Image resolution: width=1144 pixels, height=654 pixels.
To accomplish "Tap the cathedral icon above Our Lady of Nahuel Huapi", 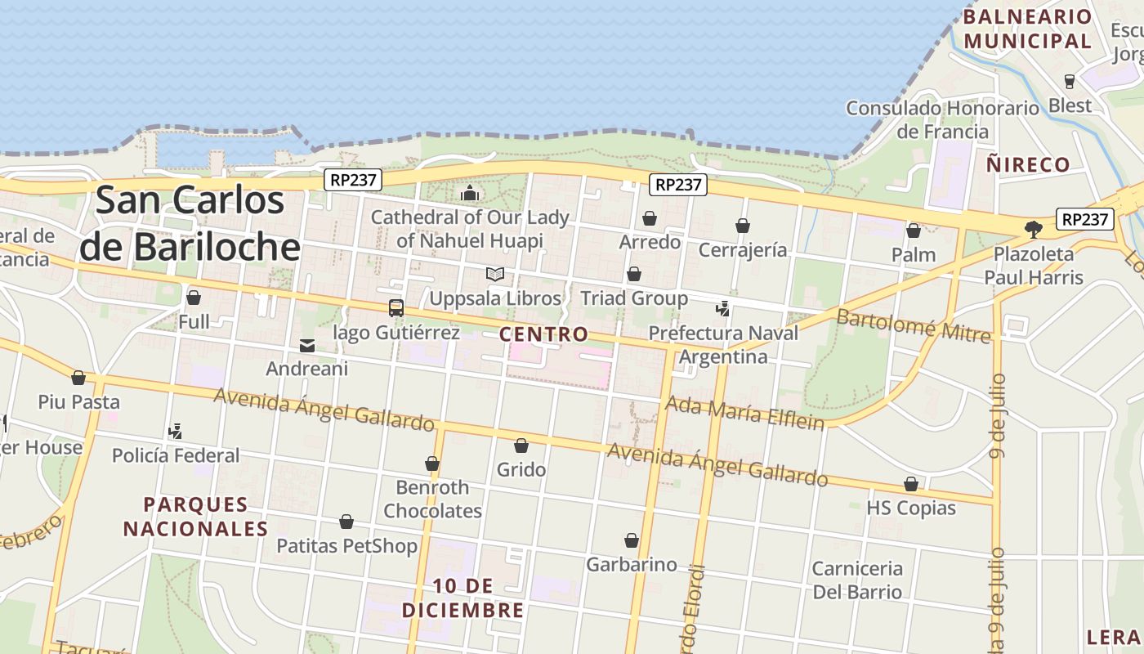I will [x=470, y=194].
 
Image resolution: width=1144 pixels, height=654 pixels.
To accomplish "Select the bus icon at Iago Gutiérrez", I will [x=396, y=308].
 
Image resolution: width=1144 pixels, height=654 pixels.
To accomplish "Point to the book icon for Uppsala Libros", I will [x=495, y=275].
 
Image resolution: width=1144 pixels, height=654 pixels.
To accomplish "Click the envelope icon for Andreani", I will [x=307, y=346].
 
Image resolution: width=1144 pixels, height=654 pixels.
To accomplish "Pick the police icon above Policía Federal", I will [x=175, y=431].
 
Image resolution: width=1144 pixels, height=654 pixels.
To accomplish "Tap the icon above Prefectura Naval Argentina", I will [x=722, y=309].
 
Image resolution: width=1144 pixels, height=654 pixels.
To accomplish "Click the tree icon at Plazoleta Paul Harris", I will [x=1034, y=230].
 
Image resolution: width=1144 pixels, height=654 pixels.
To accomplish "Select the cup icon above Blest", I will [x=1069, y=81].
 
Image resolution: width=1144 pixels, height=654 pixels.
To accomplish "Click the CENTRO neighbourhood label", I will [x=543, y=334].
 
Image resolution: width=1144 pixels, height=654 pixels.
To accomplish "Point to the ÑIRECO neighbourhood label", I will [x=1028, y=164].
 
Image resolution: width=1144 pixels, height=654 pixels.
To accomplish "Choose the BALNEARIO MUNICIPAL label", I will [x=1027, y=29].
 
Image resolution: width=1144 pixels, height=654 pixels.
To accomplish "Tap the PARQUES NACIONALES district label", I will [x=195, y=517].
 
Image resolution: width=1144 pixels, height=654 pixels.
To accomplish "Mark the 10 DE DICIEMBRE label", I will [x=463, y=598].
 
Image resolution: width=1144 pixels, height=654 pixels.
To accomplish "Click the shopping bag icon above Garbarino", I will [x=632, y=540].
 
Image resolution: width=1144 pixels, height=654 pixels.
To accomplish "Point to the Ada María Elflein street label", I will [x=744, y=413].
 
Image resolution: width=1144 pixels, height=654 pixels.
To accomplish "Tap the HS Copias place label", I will [x=911, y=508].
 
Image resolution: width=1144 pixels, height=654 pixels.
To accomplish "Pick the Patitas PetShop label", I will [x=346, y=545].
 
